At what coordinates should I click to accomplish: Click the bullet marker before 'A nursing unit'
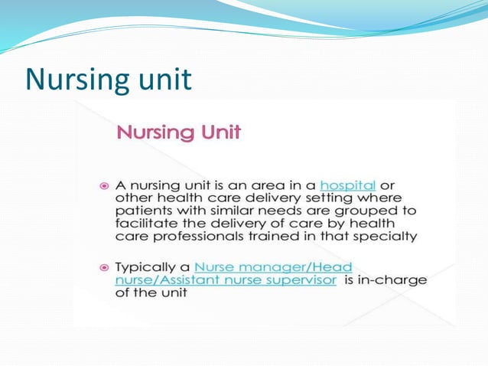(x=105, y=186)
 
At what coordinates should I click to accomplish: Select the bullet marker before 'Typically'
(x=105, y=268)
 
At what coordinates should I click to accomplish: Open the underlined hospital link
(x=347, y=185)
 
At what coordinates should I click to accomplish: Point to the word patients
(x=142, y=211)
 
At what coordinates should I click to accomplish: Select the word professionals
(x=194, y=237)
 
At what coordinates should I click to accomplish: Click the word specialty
(x=389, y=237)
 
